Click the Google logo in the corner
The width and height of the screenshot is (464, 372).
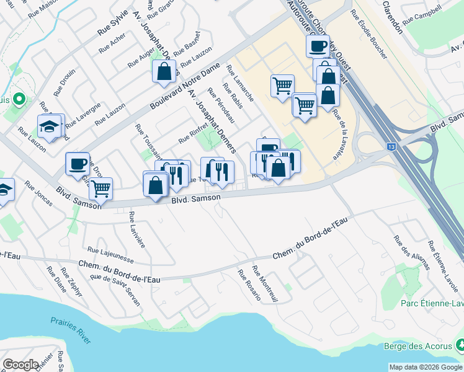(21, 364)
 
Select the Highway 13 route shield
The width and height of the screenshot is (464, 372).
(391, 146)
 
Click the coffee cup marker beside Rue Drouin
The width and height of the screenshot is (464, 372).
(78, 164)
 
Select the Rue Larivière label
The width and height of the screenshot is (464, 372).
(137, 229)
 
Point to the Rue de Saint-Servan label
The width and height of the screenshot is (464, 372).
(115, 290)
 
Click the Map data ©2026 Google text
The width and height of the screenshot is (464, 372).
(425, 367)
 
